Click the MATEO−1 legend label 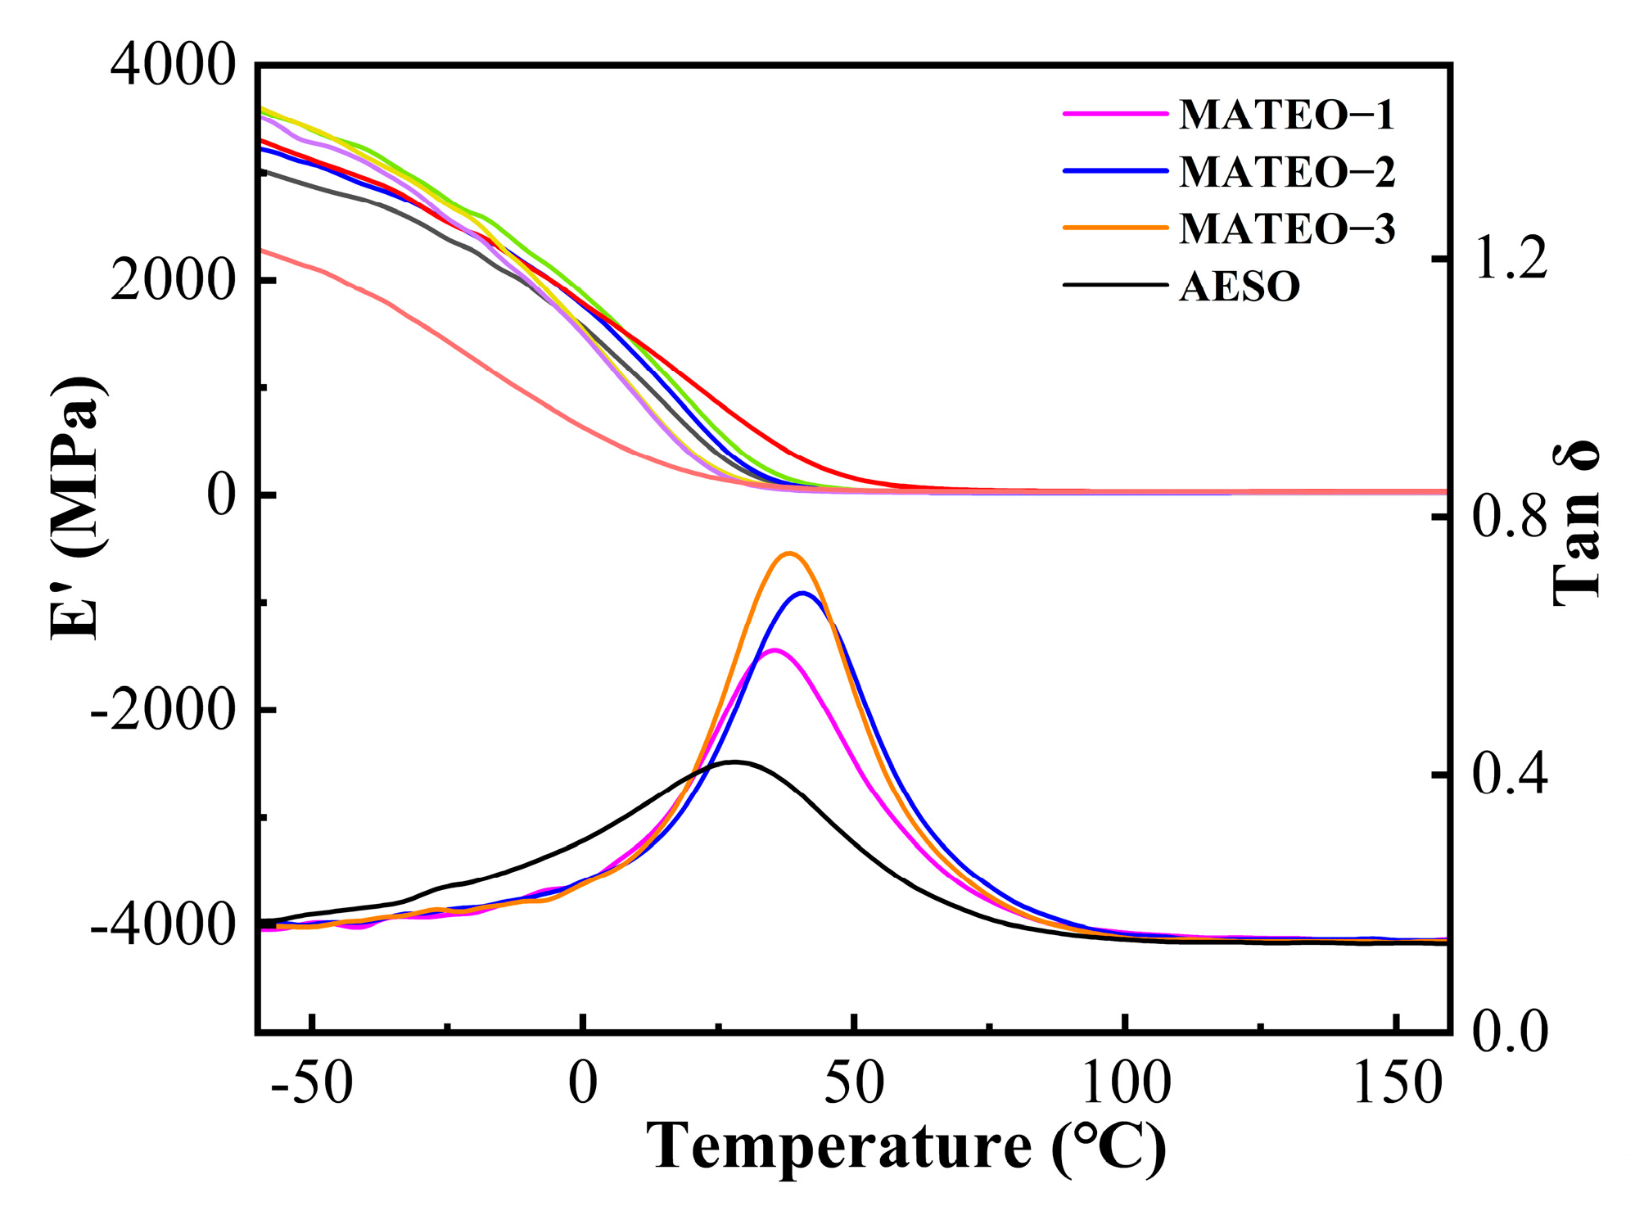click(x=1286, y=115)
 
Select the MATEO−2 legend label click(x=1286, y=172)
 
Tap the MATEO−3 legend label click(x=1286, y=228)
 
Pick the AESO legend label click(x=1240, y=287)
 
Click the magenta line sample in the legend click(x=1115, y=114)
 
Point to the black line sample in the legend click(x=1115, y=285)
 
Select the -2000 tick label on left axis click(x=163, y=710)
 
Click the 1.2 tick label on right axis click(x=1511, y=259)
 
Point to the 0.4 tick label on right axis click(x=1511, y=775)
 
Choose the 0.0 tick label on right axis click(x=1511, y=1031)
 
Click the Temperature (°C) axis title click(x=906, y=1148)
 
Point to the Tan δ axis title click(x=1576, y=524)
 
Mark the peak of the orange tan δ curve click(x=788, y=554)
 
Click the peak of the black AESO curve click(x=734, y=761)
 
